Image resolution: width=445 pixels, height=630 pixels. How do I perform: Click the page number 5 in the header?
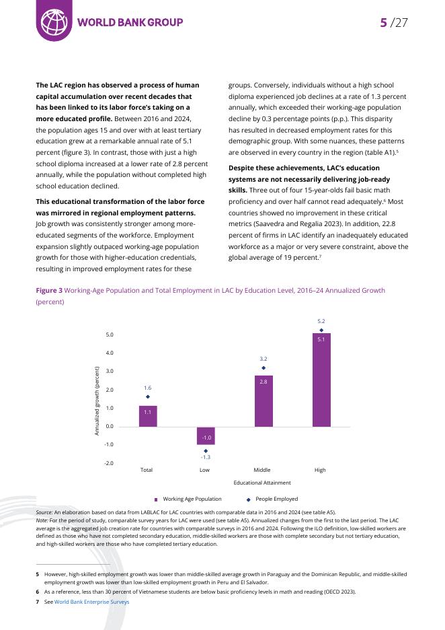click(x=383, y=22)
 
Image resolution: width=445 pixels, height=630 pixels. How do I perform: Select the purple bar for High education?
click(x=321, y=380)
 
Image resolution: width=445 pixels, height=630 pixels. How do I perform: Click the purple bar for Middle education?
click(x=264, y=401)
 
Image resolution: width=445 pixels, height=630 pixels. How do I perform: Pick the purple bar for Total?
click(x=148, y=416)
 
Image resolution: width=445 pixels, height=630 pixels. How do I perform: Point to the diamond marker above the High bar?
click(x=321, y=330)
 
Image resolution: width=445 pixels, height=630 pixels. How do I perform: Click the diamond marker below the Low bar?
click(x=206, y=450)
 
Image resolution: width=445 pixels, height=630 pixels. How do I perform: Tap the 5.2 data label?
click(x=321, y=322)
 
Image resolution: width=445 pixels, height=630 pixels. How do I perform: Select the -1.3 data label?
click(x=206, y=458)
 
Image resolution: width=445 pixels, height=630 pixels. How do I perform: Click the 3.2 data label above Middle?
click(x=264, y=359)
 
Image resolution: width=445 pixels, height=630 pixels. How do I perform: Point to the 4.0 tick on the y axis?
click(x=110, y=353)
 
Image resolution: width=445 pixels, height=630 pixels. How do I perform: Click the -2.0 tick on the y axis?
click(x=110, y=464)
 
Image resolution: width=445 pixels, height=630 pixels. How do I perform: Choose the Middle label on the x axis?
click(x=262, y=470)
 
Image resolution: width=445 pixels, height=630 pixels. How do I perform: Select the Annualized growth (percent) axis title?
click(x=97, y=401)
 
